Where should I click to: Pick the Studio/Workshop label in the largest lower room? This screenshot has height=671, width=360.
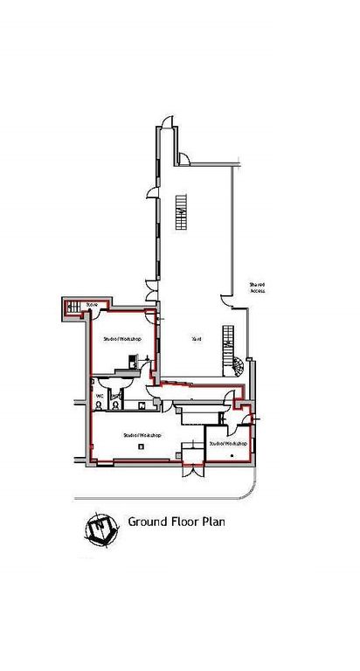140,434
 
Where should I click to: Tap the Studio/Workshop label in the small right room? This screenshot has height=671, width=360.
228,443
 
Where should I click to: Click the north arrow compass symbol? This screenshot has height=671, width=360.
101,528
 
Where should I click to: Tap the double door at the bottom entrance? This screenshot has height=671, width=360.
189,472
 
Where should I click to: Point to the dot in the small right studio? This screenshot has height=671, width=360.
231,454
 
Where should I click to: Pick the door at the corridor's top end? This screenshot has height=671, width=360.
184,158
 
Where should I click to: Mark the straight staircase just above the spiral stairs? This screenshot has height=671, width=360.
231,336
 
